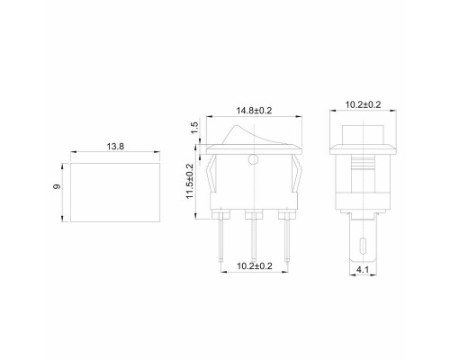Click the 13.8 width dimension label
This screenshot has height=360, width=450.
click(x=115, y=147)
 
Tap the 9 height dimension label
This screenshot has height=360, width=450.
click(x=57, y=186)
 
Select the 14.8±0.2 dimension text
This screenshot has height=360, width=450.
click(x=254, y=111)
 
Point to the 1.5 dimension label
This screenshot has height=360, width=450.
click(x=194, y=128)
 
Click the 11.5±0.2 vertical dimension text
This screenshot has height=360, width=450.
click(x=190, y=181)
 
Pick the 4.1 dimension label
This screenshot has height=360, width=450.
click(x=363, y=270)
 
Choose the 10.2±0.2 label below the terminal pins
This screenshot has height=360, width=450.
click(x=255, y=266)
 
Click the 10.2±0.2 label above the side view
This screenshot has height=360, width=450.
click(x=363, y=104)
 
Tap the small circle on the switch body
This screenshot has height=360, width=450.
click(x=254, y=159)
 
